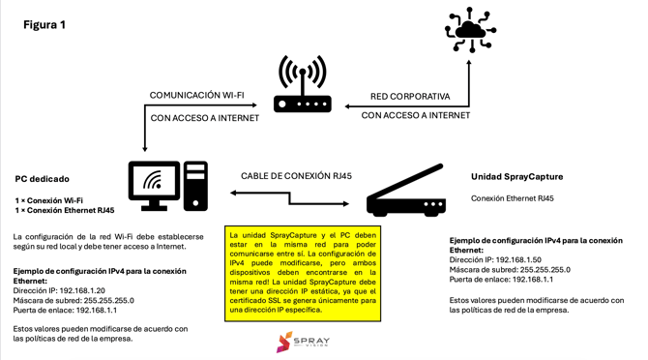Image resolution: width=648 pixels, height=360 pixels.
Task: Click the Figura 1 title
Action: (44, 25)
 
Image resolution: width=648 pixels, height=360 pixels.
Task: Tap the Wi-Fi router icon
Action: (302, 84)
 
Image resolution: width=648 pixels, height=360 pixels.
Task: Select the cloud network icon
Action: (470, 30)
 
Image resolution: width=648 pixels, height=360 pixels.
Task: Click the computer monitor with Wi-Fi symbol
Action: (154, 185)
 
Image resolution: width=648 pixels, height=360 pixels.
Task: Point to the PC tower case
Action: (195, 185)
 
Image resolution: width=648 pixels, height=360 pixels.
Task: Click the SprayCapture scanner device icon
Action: (405, 192)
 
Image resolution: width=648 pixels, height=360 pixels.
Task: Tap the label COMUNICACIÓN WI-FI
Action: (196, 95)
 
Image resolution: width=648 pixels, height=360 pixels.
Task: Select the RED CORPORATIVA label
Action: (410, 97)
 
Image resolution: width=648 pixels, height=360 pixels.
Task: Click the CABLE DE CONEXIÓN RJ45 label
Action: (296, 176)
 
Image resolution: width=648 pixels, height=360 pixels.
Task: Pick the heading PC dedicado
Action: (42, 179)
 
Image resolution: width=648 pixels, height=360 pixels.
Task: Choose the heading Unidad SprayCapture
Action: (516, 177)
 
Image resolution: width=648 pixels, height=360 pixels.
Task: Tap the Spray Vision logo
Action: (303, 342)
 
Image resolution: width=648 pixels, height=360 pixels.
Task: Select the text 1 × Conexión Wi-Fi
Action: (49, 200)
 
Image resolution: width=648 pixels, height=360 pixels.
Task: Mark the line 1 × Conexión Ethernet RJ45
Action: (65, 210)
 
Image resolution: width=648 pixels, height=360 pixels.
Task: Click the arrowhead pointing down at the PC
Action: (144, 148)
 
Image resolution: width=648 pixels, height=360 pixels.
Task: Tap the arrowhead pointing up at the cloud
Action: (470, 64)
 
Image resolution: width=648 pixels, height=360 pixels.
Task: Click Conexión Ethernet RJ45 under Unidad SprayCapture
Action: (512, 198)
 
